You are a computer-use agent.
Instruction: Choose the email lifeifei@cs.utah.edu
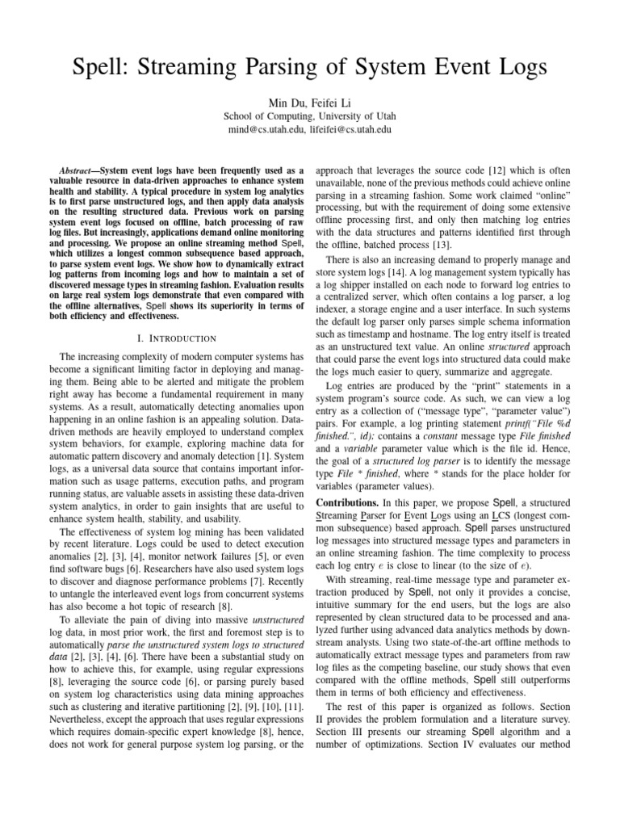pos(355,128)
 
